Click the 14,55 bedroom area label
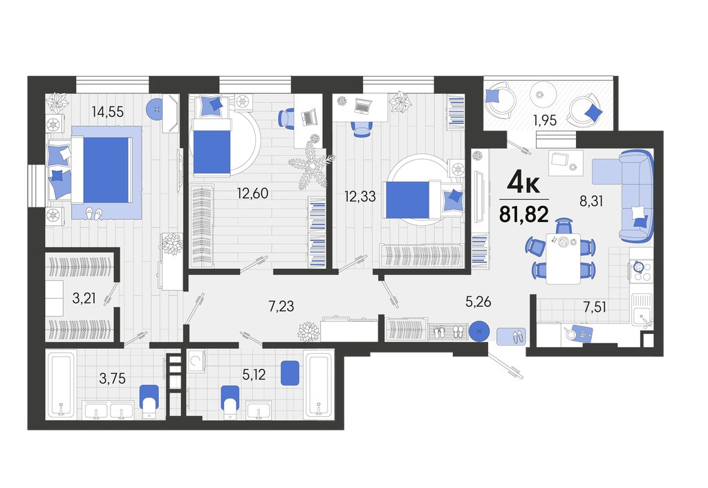click(107, 111)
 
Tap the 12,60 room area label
click(252, 194)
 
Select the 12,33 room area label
click(360, 196)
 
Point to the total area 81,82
click(524, 214)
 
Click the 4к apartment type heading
click(523, 182)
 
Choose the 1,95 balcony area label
click(545, 120)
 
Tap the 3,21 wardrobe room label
click(84, 298)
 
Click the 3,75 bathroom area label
click(113, 378)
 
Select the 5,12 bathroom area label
click(254, 374)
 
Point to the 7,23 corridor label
click(281, 306)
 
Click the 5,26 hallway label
click(478, 301)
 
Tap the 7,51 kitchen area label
click(595, 307)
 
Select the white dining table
click(563, 259)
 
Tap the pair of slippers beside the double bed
click(94, 213)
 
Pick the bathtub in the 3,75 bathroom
click(61, 384)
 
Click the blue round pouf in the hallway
click(479, 332)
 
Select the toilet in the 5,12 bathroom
click(230, 399)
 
